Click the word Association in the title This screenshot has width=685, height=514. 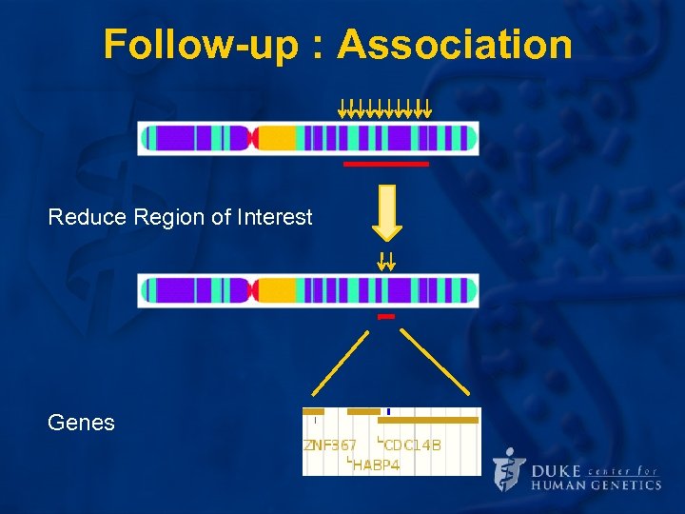click(x=454, y=45)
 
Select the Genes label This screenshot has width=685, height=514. click(x=81, y=423)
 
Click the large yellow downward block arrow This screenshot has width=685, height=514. click(x=386, y=211)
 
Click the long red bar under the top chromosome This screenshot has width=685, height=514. click(x=385, y=164)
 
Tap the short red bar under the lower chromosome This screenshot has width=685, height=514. click(x=385, y=316)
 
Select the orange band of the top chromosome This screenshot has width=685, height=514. click(x=277, y=139)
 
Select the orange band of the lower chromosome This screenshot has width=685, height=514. click(x=277, y=290)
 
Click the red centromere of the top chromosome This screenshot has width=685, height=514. click(x=252, y=139)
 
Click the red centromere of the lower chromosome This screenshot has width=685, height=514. click(x=252, y=290)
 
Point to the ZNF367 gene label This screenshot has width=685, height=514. click(x=330, y=445)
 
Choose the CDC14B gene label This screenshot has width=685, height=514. click(x=411, y=445)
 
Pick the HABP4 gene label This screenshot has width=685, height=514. click(x=375, y=465)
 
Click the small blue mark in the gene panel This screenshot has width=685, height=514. click(x=388, y=411)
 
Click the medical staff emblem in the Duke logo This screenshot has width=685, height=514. click(x=510, y=469)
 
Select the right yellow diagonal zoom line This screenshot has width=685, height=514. click(x=435, y=362)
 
